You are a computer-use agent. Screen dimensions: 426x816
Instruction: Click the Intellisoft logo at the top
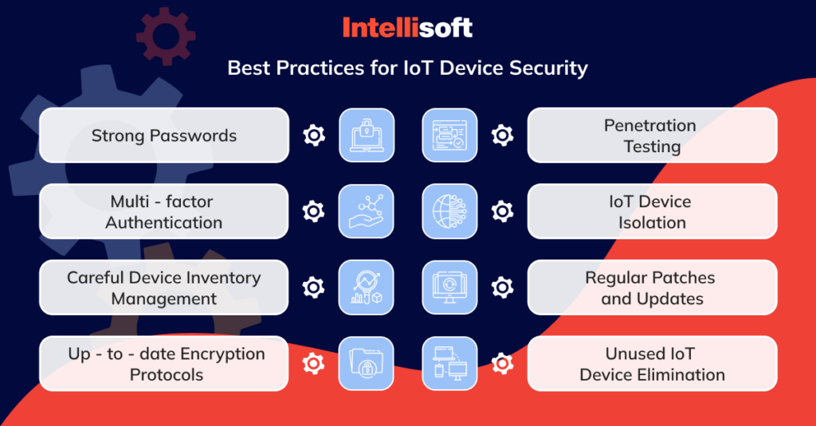(x=407, y=28)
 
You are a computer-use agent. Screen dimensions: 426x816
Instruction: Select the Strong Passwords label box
(x=164, y=135)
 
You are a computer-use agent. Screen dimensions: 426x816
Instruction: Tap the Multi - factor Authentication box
(x=164, y=211)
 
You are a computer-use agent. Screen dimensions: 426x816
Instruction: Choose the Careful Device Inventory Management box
(x=164, y=287)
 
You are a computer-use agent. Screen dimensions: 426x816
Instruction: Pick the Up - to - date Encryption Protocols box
(x=164, y=364)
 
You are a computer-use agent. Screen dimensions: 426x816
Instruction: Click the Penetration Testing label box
(x=652, y=135)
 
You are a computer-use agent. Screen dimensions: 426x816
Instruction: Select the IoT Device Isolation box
(x=652, y=211)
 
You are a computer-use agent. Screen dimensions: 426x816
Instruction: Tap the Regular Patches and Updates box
(x=652, y=287)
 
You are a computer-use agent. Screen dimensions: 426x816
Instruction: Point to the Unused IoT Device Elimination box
(x=652, y=364)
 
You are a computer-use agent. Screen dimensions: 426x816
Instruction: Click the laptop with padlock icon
(x=367, y=135)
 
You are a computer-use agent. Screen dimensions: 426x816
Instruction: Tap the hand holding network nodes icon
(x=367, y=211)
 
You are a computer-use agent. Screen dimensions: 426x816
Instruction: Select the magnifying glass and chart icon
(x=367, y=287)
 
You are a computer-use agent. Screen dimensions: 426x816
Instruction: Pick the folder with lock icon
(x=367, y=364)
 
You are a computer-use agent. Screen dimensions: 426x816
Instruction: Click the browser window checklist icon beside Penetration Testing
(x=449, y=135)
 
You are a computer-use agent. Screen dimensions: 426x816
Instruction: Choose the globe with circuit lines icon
(x=449, y=211)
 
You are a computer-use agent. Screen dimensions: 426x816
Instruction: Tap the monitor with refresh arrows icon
(x=449, y=287)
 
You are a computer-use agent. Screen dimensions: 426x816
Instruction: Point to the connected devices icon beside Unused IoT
(x=449, y=364)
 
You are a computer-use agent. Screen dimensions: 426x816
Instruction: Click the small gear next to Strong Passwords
(x=314, y=135)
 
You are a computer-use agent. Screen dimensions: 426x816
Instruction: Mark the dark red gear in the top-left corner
(x=166, y=37)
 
